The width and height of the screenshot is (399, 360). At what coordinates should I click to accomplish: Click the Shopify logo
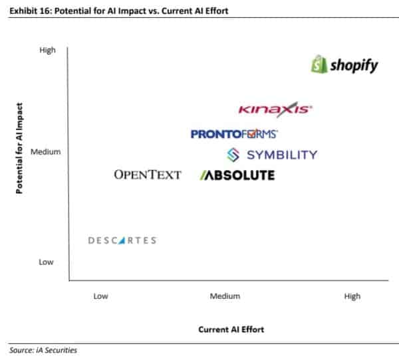[x=344, y=65]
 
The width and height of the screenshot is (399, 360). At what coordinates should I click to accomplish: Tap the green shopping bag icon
[x=320, y=65]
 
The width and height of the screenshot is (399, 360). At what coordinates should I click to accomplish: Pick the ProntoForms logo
[x=234, y=134]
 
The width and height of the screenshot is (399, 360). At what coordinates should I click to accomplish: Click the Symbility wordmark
[x=282, y=155]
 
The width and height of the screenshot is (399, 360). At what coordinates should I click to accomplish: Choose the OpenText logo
[x=148, y=175]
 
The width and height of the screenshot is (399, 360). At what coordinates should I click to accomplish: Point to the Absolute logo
[x=237, y=175]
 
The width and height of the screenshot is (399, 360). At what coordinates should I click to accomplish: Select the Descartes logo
[x=122, y=240]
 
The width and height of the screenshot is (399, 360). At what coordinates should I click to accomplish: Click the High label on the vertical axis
[x=48, y=50]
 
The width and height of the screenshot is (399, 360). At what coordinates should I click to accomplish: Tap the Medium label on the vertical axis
[x=45, y=152]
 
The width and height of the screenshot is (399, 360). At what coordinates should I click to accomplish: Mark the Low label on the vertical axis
[x=46, y=262]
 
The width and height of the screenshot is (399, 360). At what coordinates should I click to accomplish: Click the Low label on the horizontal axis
[x=100, y=296]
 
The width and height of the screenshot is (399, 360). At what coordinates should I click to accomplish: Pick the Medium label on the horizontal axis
[x=225, y=296]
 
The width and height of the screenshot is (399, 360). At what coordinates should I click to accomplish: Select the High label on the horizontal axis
[x=352, y=296]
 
